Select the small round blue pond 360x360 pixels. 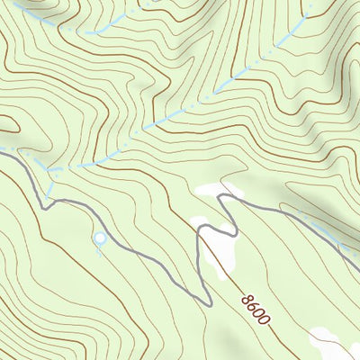[99, 238]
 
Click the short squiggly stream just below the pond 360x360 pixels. [100, 249]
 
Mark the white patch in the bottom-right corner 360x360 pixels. [335, 342]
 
